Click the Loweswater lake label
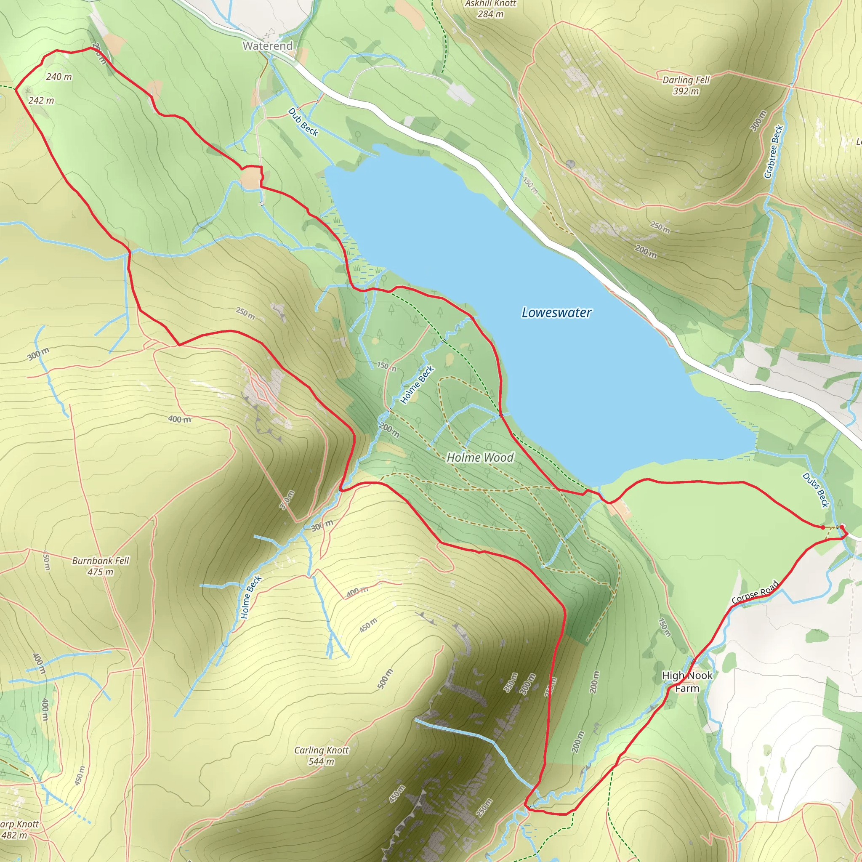(556, 313)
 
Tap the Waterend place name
(268, 45)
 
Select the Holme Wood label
(480, 458)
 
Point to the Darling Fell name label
(686, 80)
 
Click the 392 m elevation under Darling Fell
(686, 91)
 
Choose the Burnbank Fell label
(101, 561)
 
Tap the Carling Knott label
(321, 750)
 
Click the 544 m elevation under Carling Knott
(321, 761)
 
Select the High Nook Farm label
(687, 682)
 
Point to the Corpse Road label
(756, 592)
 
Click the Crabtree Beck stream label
(774, 152)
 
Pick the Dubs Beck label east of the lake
(816, 490)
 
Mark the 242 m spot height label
(41, 101)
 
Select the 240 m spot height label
(59, 77)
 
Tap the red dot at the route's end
(823, 527)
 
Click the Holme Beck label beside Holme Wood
(417, 385)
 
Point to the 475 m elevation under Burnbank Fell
(101, 572)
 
